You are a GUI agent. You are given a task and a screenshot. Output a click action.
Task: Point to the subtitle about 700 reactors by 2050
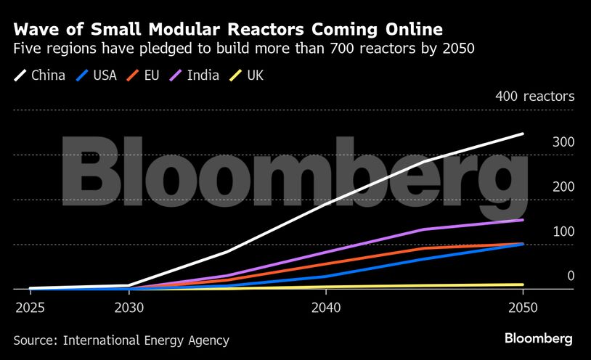pyautogui.click(x=244, y=50)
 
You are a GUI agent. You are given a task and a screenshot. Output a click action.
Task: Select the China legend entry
pyautogui.click(x=40, y=75)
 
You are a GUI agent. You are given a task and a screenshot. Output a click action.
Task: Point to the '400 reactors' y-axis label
pyautogui.click(x=535, y=96)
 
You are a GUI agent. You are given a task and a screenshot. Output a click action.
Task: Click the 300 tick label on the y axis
pyautogui.click(x=563, y=142)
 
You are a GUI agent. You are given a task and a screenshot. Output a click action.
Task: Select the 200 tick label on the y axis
pyautogui.click(x=563, y=187)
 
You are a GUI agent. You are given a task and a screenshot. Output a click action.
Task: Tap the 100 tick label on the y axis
pyautogui.click(x=563, y=232)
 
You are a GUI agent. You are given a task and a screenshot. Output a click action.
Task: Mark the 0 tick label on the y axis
pyautogui.click(x=571, y=276)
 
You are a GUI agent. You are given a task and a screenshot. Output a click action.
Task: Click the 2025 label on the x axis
pyautogui.click(x=30, y=308)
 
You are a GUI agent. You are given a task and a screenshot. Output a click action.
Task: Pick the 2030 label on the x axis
pyautogui.click(x=129, y=308)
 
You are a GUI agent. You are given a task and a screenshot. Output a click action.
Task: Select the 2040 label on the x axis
pyautogui.click(x=326, y=308)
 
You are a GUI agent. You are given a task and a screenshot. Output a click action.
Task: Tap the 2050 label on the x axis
pyautogui.click(x=523, y=308)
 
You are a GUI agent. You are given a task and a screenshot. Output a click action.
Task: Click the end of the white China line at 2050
pyautogui.click(x=523, y=134)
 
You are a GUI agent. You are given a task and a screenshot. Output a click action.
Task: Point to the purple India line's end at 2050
pyautogui.click(x=523, y=220)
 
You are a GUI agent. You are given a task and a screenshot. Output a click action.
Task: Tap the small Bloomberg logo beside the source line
pyautogui.click(x=539, y=339)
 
